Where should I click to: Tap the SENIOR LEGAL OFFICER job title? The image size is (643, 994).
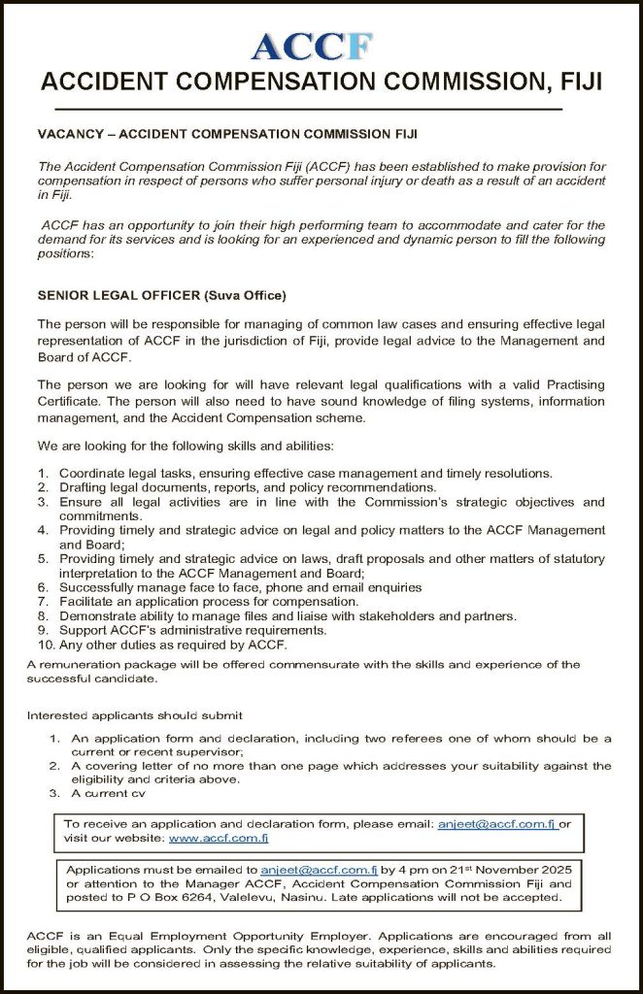pos(118,295)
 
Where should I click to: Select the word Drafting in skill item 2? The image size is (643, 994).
pos(84,486)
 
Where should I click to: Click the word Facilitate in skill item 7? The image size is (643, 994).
pos(87,602)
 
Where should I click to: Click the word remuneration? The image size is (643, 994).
pos(82,665)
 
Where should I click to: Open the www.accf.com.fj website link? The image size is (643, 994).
pos(219,837)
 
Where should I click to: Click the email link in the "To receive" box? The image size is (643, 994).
pos(496,822)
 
